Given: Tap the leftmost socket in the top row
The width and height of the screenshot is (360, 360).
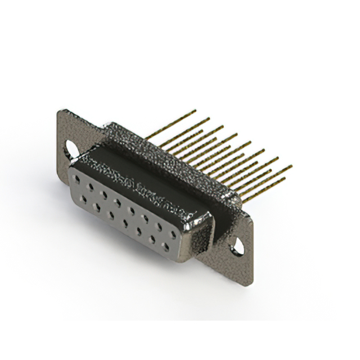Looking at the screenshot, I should [x=77, y=179].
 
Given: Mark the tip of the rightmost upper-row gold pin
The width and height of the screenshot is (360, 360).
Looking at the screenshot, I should [x=291, y=166].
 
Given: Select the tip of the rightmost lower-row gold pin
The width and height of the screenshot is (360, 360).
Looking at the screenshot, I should [x=285, y=179].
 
